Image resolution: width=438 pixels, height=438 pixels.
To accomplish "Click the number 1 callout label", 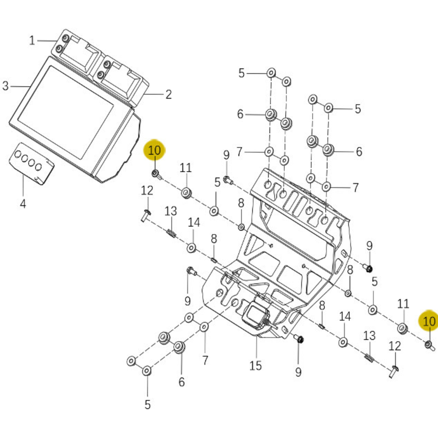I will click(32, 41).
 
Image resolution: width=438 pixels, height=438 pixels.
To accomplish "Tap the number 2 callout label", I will click(169, 94).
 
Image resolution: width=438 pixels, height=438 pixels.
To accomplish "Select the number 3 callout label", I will click(5, 86).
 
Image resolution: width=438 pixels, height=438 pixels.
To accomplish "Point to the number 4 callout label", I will click(23, 204).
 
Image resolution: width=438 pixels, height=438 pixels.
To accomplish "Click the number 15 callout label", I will click(256, 366).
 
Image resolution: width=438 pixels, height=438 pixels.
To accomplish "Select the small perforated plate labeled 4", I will click(31, 163).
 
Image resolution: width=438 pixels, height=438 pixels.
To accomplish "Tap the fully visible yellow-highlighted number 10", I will click(154, 150).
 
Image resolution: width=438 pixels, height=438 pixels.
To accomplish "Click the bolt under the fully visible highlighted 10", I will click(155, 174).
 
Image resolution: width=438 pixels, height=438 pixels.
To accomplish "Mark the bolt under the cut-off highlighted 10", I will click(429, 345).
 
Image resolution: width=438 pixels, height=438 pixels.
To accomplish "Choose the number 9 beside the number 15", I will click(298, 372).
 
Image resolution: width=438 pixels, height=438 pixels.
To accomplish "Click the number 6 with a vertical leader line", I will click(181, 382).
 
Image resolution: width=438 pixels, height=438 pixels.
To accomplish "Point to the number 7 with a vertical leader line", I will click(205, 360).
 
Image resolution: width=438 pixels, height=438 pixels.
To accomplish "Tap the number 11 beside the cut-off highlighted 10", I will click(403, 304).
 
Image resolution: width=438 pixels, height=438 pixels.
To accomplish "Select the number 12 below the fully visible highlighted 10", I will click(147, 190).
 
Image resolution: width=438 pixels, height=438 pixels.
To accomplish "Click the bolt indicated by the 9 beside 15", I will click(299, 339).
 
